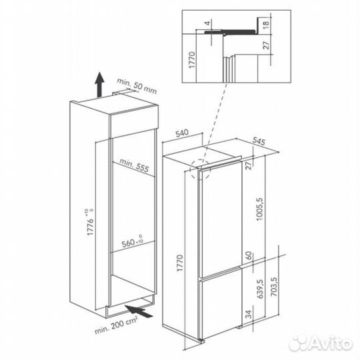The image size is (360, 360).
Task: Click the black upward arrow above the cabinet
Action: click(x=99, y=84)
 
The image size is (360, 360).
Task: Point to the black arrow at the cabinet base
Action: click(x=139, y=311)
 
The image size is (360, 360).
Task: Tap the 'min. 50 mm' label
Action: click(x=137, y=87)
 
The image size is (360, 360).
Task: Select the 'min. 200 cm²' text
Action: click(x=116, y=325)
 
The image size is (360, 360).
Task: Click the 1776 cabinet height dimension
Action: click(x=91, y=222)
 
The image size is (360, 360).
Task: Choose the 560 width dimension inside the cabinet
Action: click(x=132, y=241)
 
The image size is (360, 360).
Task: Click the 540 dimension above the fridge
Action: click(x=182, y=133)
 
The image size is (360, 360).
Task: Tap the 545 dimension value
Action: click(x=259, y=141)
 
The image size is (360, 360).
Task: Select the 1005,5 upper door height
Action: click(x=260, y=209)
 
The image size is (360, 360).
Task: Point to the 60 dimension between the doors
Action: click(x=249, y=255)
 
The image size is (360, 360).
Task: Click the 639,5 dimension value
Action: click(x=260, y=289)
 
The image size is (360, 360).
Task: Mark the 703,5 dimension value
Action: click(x=274, y=287)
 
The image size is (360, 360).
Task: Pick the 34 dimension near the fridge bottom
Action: click(x=249, y=314)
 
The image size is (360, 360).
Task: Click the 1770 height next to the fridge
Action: click(x=180, y=263)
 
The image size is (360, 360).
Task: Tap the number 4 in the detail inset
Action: click(x=207, y=23)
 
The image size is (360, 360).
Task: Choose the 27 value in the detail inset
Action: click(x=266, y=45)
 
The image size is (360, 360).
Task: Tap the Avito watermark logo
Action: click(x=320, y=344)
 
